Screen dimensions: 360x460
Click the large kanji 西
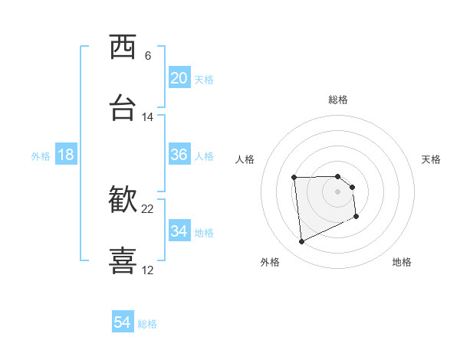(123, 47)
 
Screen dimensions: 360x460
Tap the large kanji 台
(123, 108)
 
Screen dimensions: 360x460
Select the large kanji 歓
(123, 200)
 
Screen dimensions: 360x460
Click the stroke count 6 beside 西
(148, 56)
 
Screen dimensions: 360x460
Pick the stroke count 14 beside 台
(148, 117)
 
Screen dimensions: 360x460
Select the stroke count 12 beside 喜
(148, 270)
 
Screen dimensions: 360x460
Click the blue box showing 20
(179, 78)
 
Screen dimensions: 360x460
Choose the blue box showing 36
(179, 155)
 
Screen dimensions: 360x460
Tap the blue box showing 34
(179, 231)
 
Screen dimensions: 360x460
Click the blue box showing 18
(65, 155)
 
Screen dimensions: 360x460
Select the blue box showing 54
(122, 323)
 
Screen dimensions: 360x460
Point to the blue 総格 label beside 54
(147, 324)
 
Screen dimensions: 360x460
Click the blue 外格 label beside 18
(41, 156)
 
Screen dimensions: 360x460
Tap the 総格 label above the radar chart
(338, 100)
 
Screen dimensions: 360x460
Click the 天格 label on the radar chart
(432, 159)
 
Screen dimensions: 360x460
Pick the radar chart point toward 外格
(301, 242)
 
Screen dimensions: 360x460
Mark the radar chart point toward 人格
(294, 178)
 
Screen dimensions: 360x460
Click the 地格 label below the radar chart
(402, 262)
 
